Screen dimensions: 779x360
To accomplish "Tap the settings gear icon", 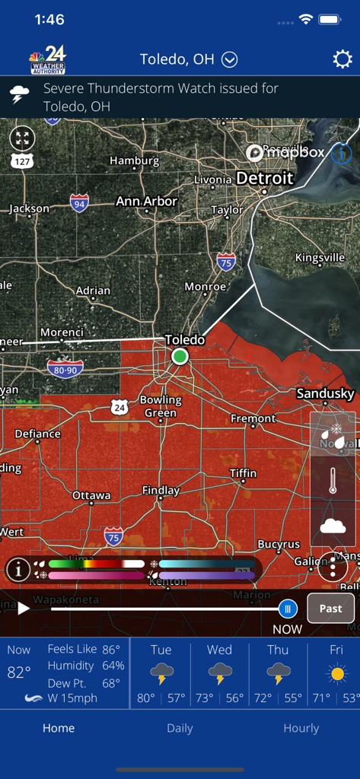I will (342, 59).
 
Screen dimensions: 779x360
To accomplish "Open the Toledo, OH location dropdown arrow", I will (230, 59).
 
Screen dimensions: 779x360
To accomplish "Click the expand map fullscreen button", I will (23, 138).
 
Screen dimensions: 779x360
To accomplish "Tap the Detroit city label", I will (264, 178).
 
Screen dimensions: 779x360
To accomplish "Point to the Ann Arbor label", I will (146, 202).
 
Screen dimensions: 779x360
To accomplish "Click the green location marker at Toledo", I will (180, 356).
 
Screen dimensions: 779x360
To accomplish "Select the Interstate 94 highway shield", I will (79, 202).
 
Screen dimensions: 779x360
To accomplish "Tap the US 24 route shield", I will (119, 407).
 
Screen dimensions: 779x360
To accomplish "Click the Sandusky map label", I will (325, 393).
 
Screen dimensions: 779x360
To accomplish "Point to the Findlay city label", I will (161, 491).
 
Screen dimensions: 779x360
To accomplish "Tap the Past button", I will (330, 609).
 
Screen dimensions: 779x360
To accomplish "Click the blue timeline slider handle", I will (288, 609).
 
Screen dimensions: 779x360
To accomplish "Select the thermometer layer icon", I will (333, 481).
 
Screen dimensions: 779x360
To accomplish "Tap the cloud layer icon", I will (333, 525).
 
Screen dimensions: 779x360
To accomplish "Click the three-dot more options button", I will (333, 568).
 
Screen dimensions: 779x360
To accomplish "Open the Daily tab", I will (180, 728).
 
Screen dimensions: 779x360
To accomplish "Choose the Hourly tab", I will (301, 728).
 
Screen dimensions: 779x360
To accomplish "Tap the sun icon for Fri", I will (336, 673).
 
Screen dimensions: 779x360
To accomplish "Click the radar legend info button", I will (18, 569).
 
